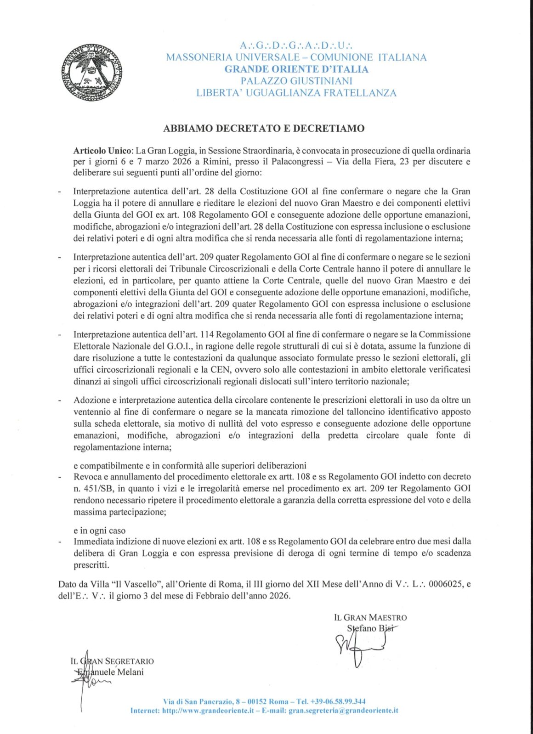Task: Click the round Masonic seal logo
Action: coord(92,73)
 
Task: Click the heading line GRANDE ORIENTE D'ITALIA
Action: coord(296,69)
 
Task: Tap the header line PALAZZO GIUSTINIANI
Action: coord(296,81)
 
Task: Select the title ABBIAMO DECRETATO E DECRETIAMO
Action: coord(264,129)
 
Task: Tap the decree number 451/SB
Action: coord(97,488)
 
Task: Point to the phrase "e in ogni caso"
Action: coord(99,531)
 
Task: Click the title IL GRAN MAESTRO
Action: coord(370,618)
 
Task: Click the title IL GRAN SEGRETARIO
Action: coord(112,661)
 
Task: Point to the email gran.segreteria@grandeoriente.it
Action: coord(343,711)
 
